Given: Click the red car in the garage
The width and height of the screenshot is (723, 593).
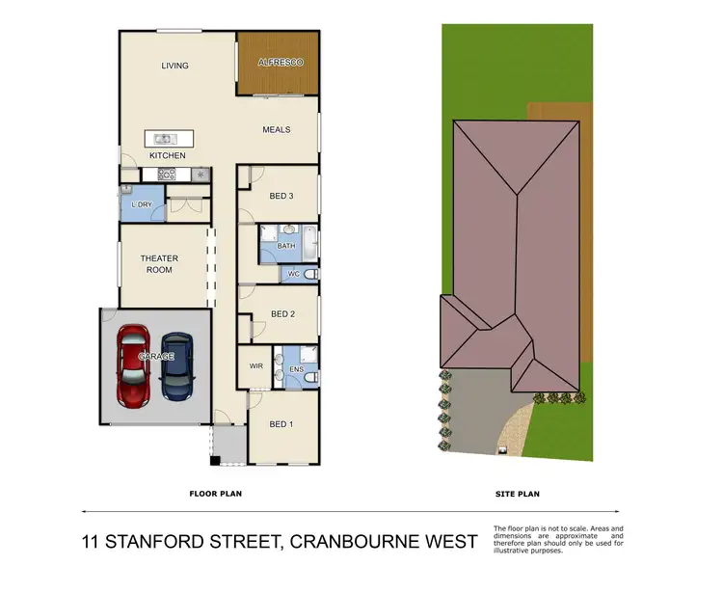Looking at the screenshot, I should pyautogui.click(x=132, y=366).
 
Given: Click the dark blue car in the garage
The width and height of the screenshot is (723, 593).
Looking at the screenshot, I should pyautogui.click(x=176, y=366).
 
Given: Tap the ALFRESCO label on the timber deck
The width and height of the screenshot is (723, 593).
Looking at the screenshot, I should pyautogui.click(x=280, y=63).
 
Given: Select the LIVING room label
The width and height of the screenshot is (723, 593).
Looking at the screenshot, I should pyautogui.click(x=174, y=66).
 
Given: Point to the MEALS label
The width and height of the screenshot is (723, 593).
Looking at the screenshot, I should pyautogui.click(x=278, y=129).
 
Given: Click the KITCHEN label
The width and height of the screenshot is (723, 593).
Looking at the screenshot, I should pyautogui.click(x=167, y=155).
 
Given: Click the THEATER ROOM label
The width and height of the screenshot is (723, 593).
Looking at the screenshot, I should pyautogui.click(x=159, y=264).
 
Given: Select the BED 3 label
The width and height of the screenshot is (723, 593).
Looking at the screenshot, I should pyautogui.click(x=281, y=196).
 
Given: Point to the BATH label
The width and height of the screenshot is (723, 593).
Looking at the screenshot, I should pyautogui.click(x=285, y=247).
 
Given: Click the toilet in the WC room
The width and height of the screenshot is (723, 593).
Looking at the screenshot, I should pyautogui.click(x=308, y=275).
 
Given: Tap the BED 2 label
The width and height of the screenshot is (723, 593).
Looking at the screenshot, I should pyautogui.click(x=281, y=313).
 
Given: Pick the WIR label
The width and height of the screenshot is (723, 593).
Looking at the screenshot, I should pyautogui.click(x=255, y=366).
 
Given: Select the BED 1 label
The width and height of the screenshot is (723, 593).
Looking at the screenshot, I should pyautogui.click(x=281, y=423).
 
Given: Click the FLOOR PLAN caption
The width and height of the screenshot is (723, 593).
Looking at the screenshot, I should pyautogui.click(x=214, y=493).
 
